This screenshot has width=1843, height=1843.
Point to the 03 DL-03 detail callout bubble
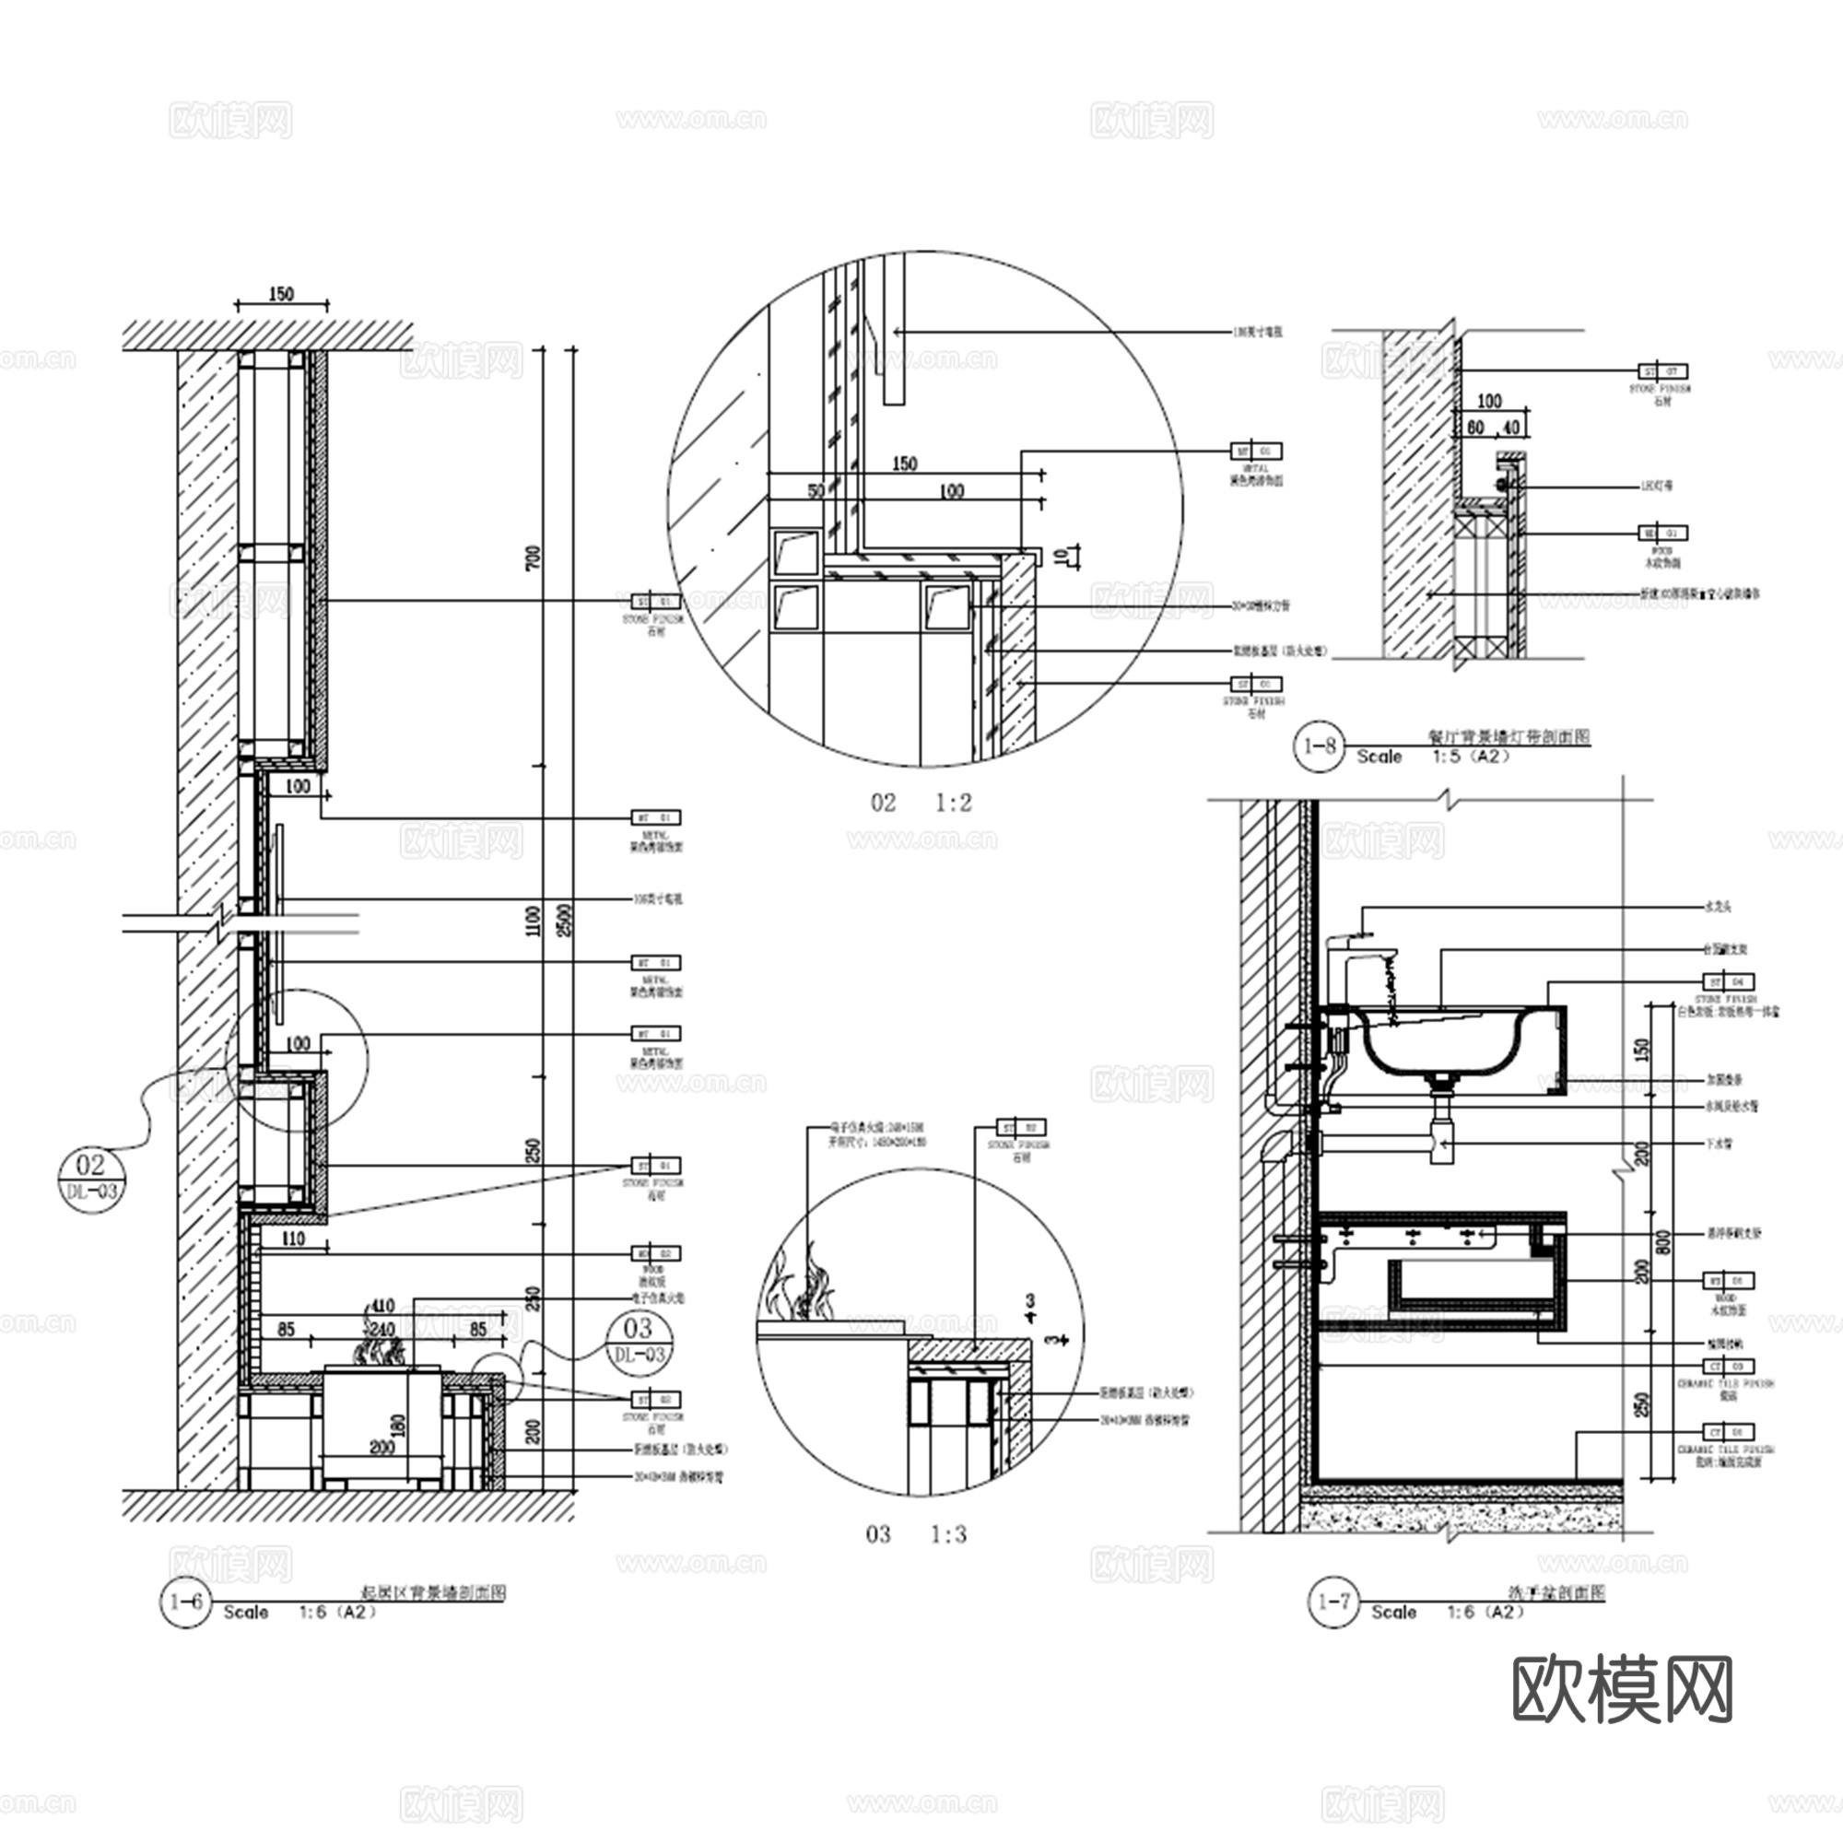coord(638,1340)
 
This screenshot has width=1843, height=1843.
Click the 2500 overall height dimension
coord(566,920)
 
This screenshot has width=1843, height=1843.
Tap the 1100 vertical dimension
coord(534,921)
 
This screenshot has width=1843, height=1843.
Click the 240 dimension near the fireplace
coord(382,1329)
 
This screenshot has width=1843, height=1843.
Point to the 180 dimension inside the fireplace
coord(398,1426)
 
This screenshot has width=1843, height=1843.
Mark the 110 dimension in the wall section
coord(293,1238)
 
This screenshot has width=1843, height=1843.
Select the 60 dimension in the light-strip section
coord(1474,428)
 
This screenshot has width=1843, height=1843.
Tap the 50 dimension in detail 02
coord(816,491)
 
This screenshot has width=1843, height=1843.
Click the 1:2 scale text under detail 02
coord(953,804)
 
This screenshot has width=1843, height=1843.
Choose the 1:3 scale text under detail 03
coord(948,1535)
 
